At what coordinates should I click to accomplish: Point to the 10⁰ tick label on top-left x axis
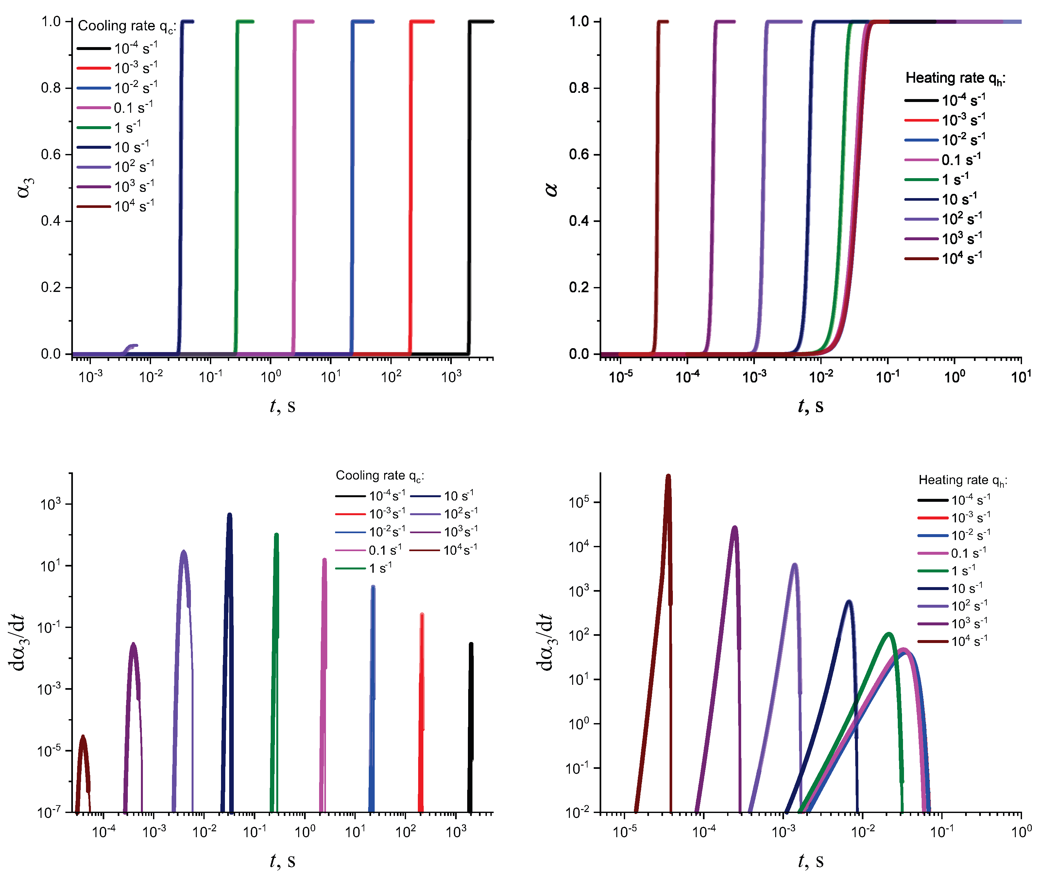click(271, 377)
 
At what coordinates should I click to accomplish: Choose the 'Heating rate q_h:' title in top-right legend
click(955, 78)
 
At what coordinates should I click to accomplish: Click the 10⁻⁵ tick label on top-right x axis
click(621, 377)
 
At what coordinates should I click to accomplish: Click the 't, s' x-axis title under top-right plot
click(810, 406)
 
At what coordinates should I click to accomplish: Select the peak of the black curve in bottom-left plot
click(471, 645)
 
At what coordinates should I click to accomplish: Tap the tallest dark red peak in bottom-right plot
click(668, 476)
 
